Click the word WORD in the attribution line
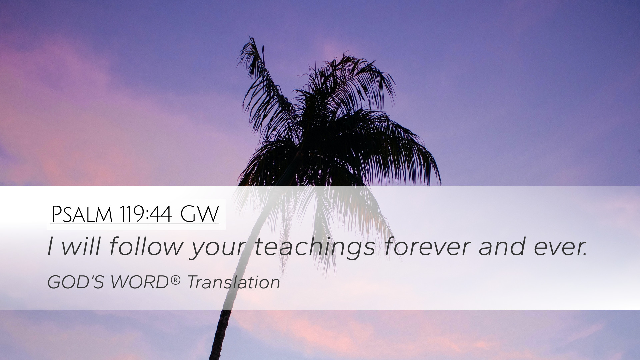click(140, 282)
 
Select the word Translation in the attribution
click(233, 282)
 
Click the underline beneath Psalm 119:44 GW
click(135, 224)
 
